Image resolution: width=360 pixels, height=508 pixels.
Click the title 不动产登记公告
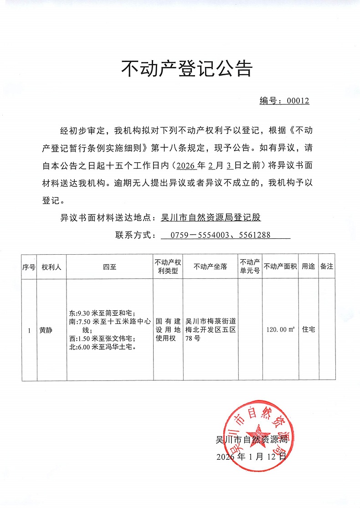(186, 69)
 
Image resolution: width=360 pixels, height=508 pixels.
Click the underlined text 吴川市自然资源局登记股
(211, 217)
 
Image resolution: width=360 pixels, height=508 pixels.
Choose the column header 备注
(326, 267)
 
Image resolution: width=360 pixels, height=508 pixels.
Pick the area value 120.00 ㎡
(280, 329)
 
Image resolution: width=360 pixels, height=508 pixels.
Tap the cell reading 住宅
(309, 329)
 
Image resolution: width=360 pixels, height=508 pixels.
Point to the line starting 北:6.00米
(101, 347)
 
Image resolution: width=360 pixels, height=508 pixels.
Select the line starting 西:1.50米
(100, 339)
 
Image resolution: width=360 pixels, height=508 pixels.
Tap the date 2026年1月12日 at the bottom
(251, 456)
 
